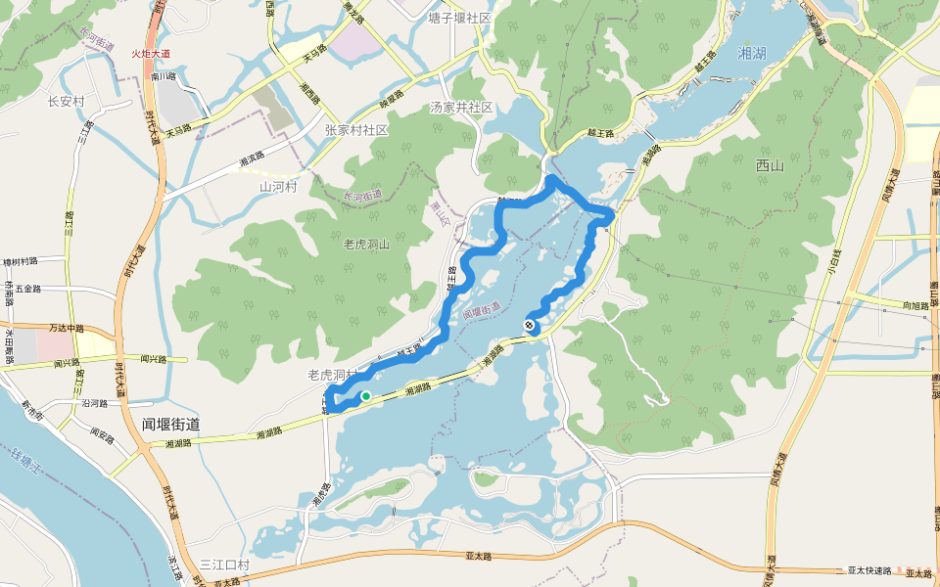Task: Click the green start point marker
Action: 365,396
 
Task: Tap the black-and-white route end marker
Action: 531,326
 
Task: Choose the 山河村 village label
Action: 277,186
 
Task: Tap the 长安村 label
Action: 67,101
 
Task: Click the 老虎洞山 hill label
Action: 366,244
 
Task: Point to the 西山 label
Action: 770,166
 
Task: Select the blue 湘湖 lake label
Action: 752,54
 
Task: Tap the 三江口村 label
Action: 224,565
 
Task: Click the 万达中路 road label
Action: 68,328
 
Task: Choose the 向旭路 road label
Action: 916,306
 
